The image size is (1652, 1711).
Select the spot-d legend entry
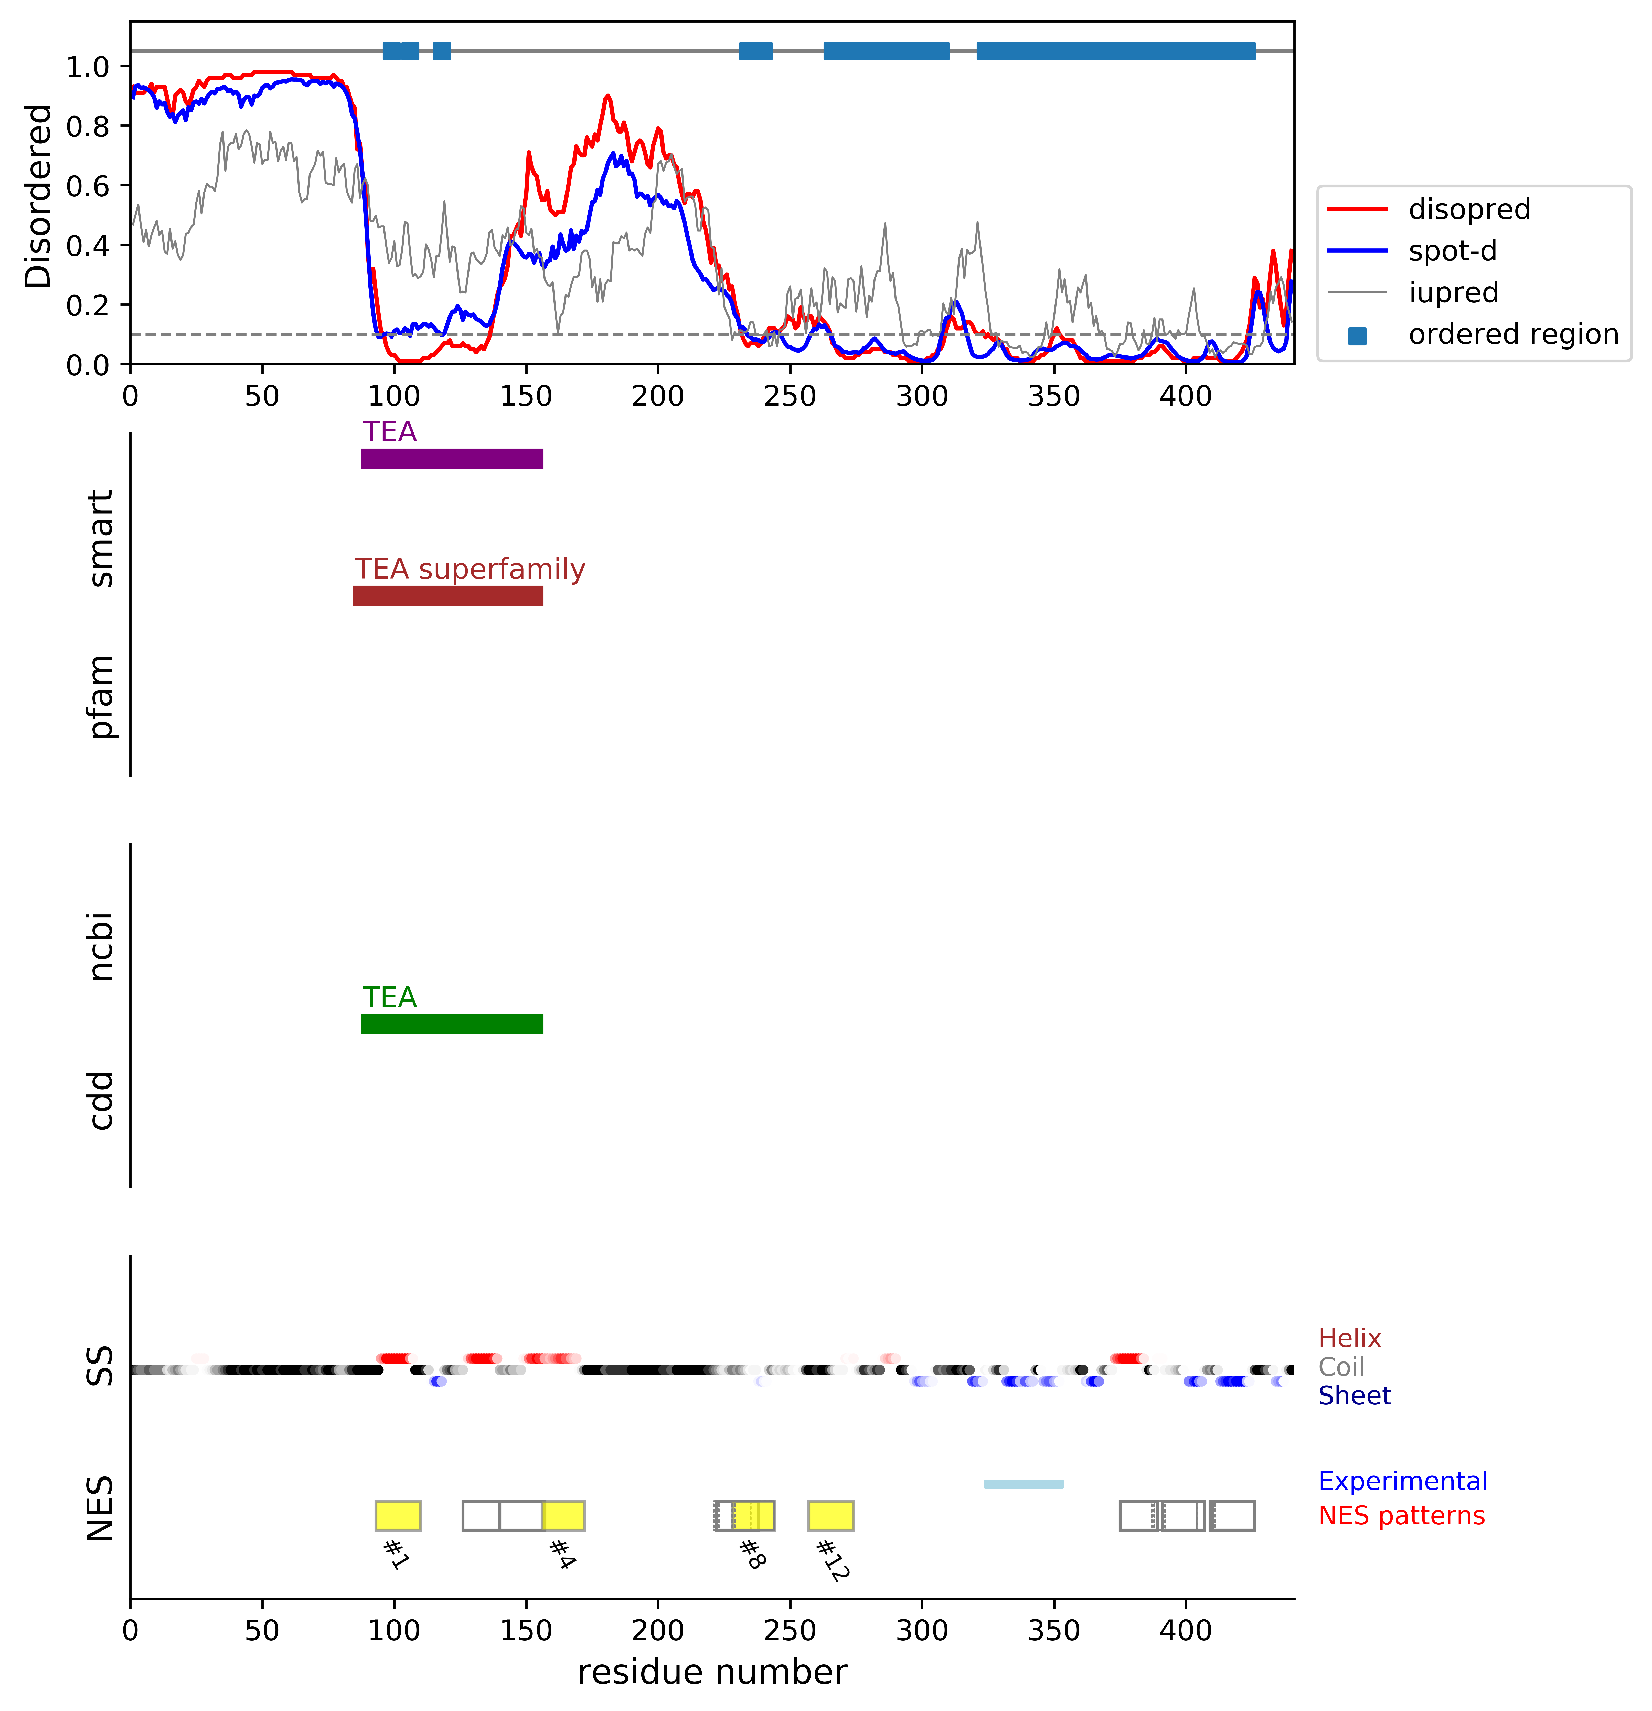click(x=1452, y=251)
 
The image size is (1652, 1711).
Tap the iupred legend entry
click(x=1453, y=292)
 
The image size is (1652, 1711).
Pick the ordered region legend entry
click(x=1512, y=334)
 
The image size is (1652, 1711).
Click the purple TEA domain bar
click(x=452, y=458)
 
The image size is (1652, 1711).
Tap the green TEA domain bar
click(x=452, y=1024)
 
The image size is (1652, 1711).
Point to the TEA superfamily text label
click(x=470, y=569)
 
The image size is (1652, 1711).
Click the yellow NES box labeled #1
click(x=398, y=1515)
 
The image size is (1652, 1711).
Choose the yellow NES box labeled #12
click(x=831, y=1515)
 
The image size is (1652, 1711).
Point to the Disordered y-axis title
click(x=38, y=196)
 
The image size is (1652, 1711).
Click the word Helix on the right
click(x=1349, y=1338)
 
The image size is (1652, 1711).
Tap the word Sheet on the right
click(x=1355, y=1396)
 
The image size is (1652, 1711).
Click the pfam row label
click(x=101, y=697)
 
